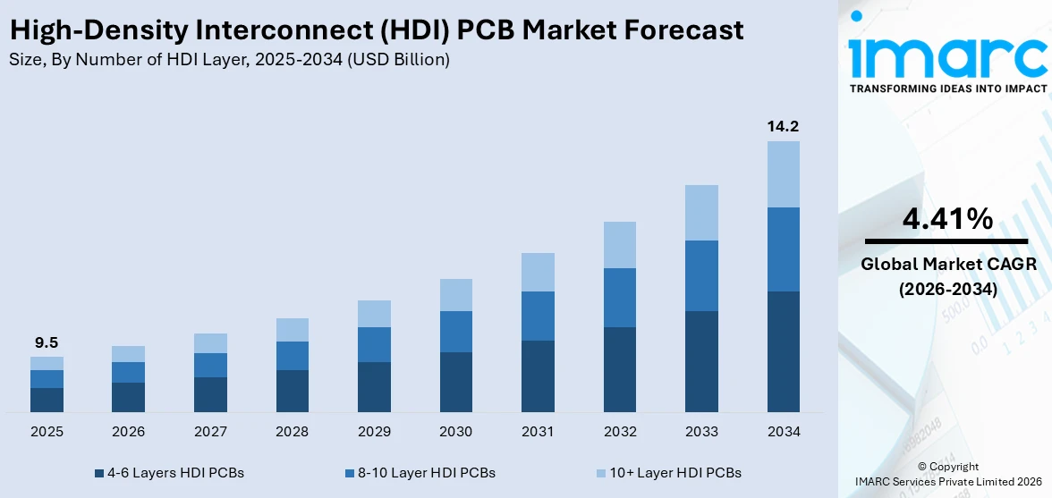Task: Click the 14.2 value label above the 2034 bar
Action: coord(783,126)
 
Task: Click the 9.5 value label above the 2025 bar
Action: coord(47,342)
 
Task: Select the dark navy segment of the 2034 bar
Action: coord(783,351)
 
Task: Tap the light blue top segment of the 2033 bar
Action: coord(701,213)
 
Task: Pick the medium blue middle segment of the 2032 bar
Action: coord(620,298)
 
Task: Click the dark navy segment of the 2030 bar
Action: coord(455,382)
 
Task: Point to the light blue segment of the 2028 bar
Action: coord(292,330)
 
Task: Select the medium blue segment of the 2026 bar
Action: coord(128,372)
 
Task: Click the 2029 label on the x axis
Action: coord(374,432)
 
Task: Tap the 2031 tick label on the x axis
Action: coord(538,432)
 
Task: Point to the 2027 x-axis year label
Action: coord(210,432)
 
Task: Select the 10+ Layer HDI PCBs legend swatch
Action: coord(600,472)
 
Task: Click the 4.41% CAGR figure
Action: coord(946,218)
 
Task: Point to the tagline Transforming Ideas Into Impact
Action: coord(946,89)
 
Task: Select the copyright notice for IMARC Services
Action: coord(947,474)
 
